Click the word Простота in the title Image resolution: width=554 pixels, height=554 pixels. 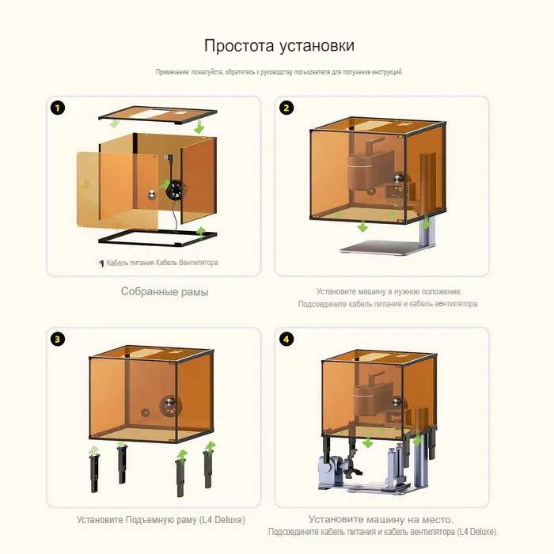[239, 46]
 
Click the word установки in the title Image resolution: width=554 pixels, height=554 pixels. [317, 47]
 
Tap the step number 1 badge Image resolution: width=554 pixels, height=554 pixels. [58, 108]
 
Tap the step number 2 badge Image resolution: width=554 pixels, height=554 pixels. [286, 108]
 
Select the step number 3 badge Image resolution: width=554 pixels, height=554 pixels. [58, 340]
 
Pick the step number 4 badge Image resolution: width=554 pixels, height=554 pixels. [286, 340]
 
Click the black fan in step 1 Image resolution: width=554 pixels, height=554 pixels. [176, 190]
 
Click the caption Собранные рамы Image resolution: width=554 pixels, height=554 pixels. [165, 292]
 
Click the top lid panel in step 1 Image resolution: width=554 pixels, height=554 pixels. [157, 116]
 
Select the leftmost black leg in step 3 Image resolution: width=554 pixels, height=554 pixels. [94, 473]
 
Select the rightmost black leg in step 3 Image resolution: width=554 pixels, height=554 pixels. [207, 469]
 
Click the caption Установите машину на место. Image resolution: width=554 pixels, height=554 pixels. [381, 519]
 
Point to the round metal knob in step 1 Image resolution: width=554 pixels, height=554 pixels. [152, 194]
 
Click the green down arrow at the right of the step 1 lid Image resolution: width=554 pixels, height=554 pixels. [199, 127]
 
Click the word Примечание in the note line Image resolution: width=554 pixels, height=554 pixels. [173, 72]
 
